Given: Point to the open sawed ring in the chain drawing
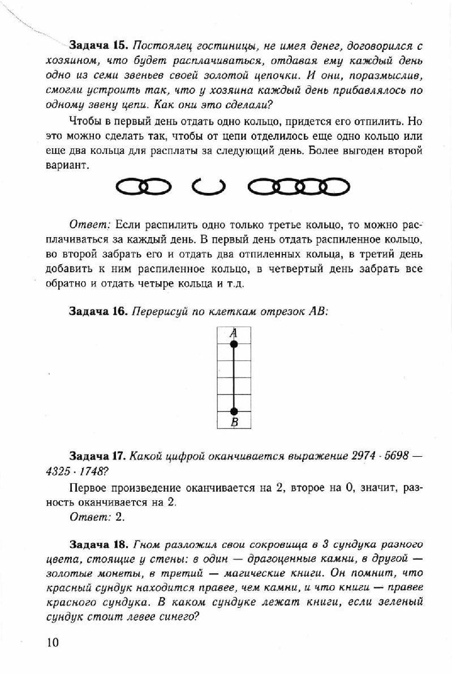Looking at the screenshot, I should click(x=208, y=185).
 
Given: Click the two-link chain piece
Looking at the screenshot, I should click(x=143, y=185).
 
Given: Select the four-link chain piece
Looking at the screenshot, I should click(x=299, y=185).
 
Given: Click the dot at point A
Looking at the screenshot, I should click(x=234, y=344).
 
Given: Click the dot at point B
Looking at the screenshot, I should click(x=234, y=411).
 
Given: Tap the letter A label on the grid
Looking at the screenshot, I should click(x=233, y=334).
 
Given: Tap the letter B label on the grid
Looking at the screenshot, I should click(x=234, y=422).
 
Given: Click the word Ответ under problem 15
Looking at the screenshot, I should click(x=85, y=224).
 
